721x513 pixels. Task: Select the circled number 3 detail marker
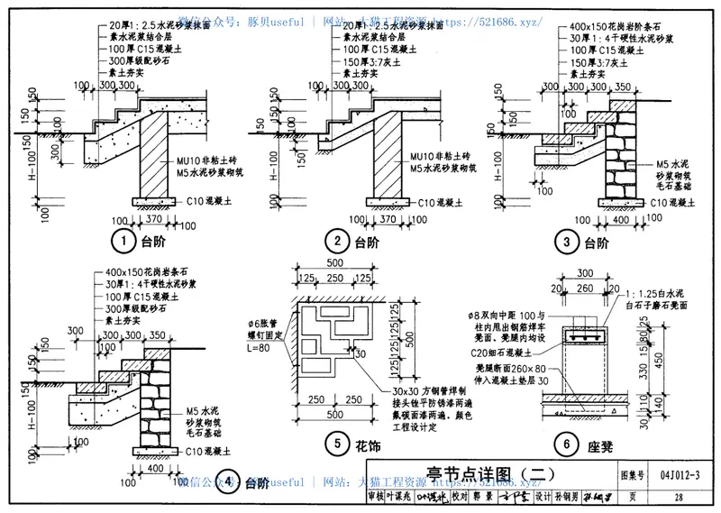(x=567, y=242)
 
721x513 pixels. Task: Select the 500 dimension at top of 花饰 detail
(x=333, y=261)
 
